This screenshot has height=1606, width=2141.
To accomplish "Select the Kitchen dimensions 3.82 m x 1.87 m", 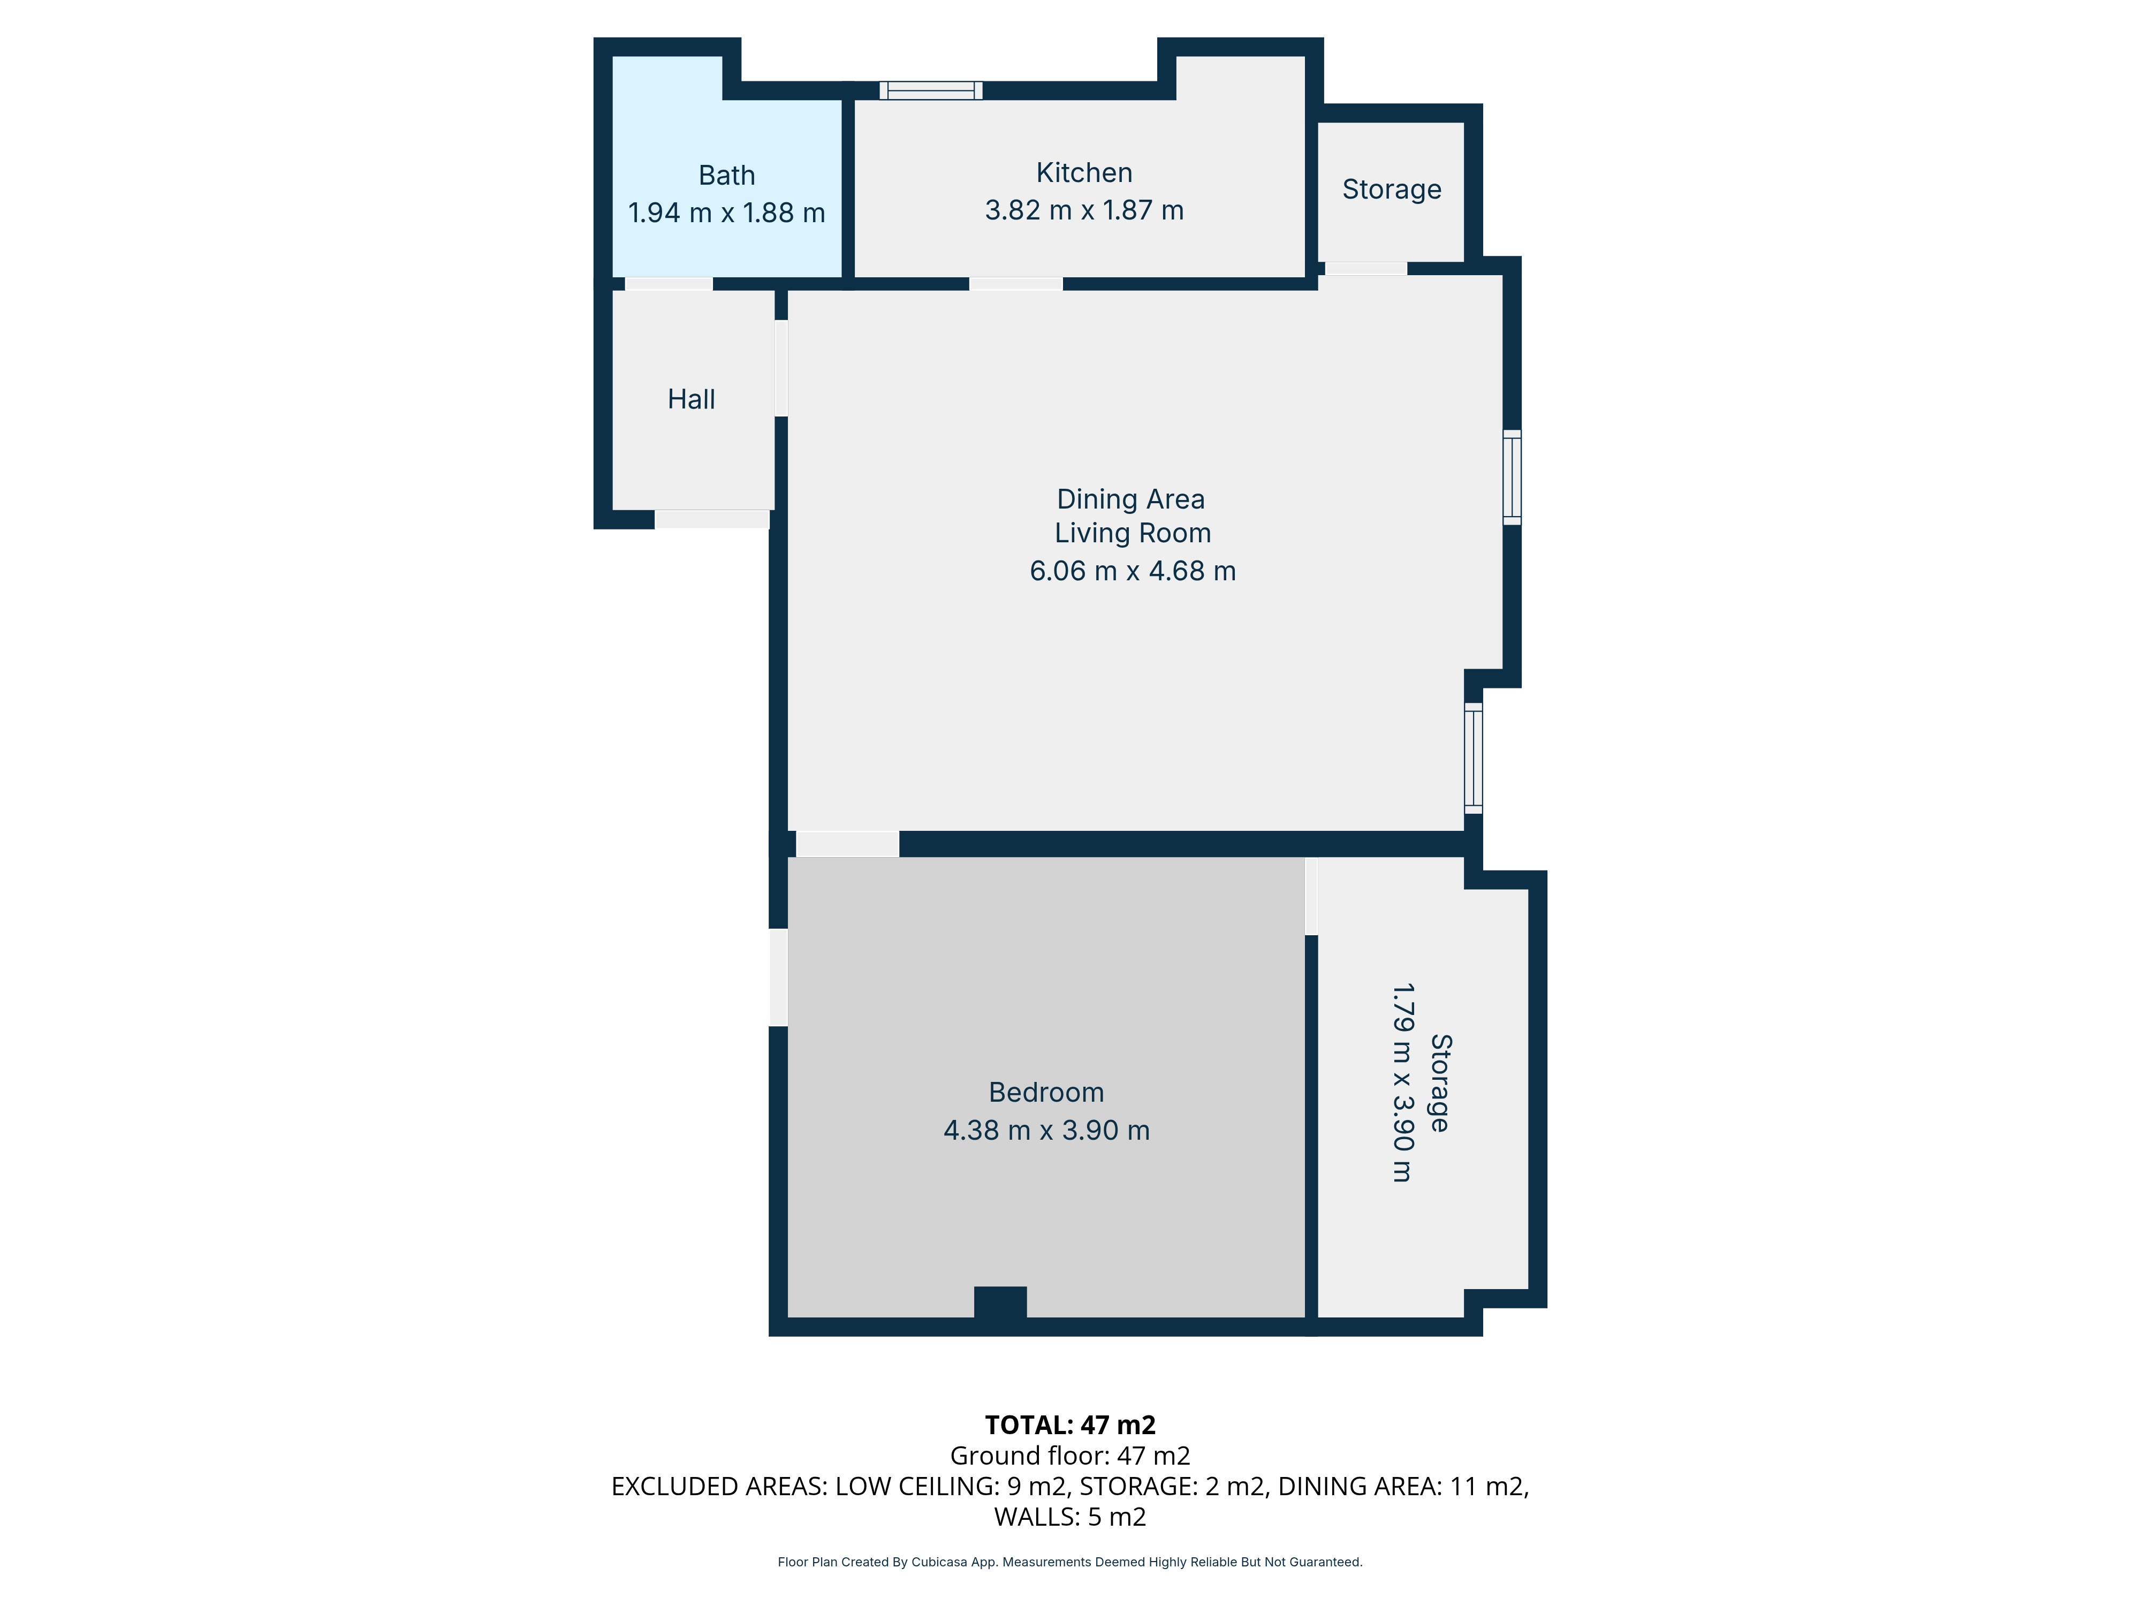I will pyautogui.click(x=1084, y=210).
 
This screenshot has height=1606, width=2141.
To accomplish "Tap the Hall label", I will pyautogui.click(x=691, y=399).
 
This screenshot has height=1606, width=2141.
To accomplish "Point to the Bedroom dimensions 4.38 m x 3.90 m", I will pyautogui.click(x=1046, y=1130).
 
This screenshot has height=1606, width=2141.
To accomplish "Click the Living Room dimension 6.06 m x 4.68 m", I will pyautogui.click(x=1133, y=571).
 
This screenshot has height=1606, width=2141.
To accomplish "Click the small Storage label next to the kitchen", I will pyautogui.click(x=1391, y=189).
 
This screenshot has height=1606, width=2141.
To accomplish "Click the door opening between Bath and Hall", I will pyautogui.click(x=669, y=284).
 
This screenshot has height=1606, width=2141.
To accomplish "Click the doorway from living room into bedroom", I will pyautogui.click(x=847, y=843).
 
